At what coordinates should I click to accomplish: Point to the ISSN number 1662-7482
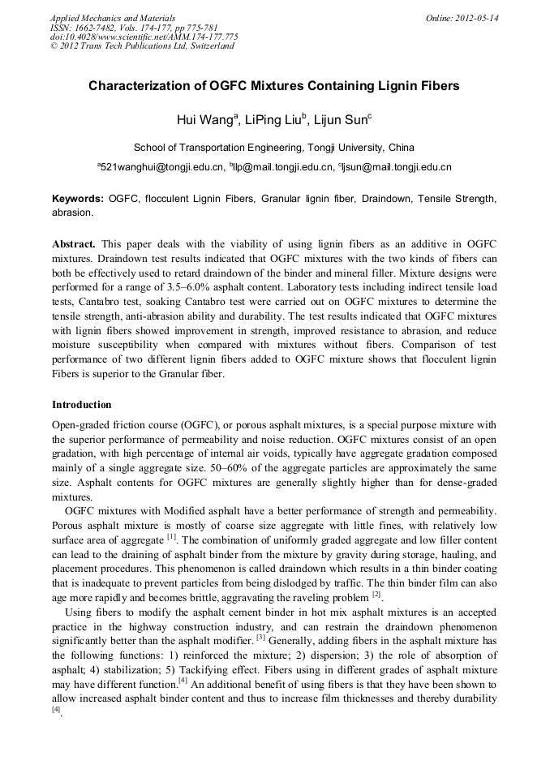point(92,28)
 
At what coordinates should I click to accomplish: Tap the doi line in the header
point(144,37)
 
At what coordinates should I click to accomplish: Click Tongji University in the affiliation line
point(345,148)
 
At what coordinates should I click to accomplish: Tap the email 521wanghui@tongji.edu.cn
point(161,167)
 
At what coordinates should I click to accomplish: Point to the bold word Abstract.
point(75,244)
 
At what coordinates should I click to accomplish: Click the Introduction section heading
point(82,404)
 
